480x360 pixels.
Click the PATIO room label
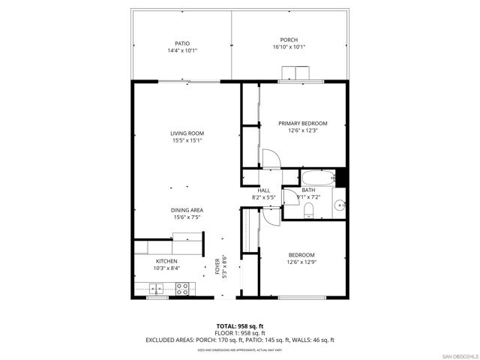point(182,43)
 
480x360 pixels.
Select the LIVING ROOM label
point(187,133)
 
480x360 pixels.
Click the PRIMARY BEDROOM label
point(303,123)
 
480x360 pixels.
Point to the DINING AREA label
point(187,210)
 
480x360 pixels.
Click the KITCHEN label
point(166,261)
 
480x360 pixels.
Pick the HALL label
point(264,190)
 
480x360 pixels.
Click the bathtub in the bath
point(318,178)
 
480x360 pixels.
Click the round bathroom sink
point(339,203)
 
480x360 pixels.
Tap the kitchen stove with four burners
point(181,286)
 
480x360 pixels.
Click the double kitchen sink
point(157,286)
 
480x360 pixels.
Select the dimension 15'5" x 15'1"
point(187,141)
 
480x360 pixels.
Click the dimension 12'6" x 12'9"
point(301,262)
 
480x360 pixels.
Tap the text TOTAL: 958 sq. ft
point(239,326)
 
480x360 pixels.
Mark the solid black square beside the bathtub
point(341,178)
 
